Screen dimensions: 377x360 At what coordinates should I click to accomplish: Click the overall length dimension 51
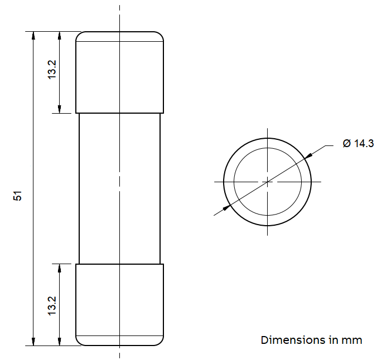pyautogui.click(x=17, y=196)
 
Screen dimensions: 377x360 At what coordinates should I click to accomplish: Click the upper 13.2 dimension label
pyautogui.click(x=52, y=70)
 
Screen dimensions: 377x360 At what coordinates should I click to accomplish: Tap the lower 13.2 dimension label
pyautogui.click(x=52, y=306)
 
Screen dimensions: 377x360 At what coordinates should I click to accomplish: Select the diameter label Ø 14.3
pyautogui.click(x=358, y=143)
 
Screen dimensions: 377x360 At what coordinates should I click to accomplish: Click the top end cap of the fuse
pyautogui.click(x=119, y=72)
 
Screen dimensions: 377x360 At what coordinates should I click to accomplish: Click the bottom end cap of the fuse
pyautogui.click(x=119, y=305)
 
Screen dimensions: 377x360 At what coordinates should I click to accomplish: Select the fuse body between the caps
pyautogui.click(x=119, y=188)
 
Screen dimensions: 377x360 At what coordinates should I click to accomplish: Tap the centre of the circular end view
pyautogui.click(x=267, y=182)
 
